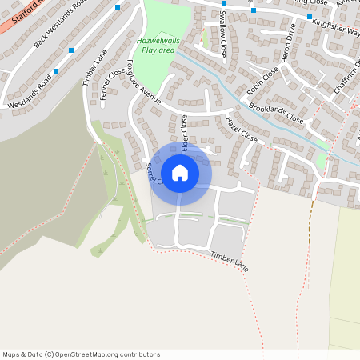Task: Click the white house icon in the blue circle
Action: click(x=180, y=172)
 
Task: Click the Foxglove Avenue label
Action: click(x=144, y=82)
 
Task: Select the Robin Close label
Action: click(x=263, y=80)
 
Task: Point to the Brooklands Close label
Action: click(x=276, y=112)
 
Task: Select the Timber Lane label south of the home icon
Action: click(x=230, y=261)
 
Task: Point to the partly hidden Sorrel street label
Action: click(x=153, y=174)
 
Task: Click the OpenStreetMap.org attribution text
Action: click(x=94, y=354)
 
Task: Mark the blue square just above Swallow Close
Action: click(x=223, y=3)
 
